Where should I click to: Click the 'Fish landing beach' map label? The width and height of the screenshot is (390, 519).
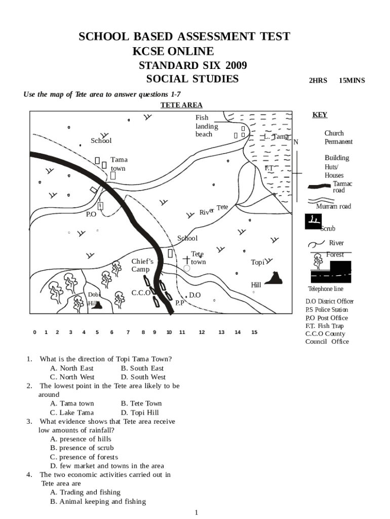[207, 126]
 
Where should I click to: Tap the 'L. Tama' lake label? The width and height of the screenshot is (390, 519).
[276, 137]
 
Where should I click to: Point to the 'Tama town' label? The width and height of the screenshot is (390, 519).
[119, 164]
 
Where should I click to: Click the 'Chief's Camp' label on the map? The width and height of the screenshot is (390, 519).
[142, 265]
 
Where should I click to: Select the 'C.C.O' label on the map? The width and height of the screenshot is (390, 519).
[141, 293]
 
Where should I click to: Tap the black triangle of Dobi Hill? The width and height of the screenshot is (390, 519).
[97, 305]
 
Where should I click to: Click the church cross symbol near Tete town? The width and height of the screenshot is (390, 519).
[187, 260]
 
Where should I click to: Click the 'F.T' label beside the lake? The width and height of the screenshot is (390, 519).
[268, 168]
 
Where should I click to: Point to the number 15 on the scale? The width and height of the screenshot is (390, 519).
[254, 332]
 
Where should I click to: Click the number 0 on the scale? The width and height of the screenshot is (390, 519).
[34, 332]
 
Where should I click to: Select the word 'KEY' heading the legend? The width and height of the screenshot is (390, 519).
[320, 115]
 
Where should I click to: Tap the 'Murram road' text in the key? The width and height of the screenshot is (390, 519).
[333, 207]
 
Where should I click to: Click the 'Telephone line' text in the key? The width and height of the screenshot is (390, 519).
[326, 289]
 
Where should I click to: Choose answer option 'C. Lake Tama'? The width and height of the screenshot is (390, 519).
[72, 413]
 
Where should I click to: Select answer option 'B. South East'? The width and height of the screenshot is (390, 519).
[142, 368]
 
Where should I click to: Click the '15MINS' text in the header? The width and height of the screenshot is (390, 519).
[352, 81]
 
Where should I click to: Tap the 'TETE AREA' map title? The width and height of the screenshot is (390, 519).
[181, 105]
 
